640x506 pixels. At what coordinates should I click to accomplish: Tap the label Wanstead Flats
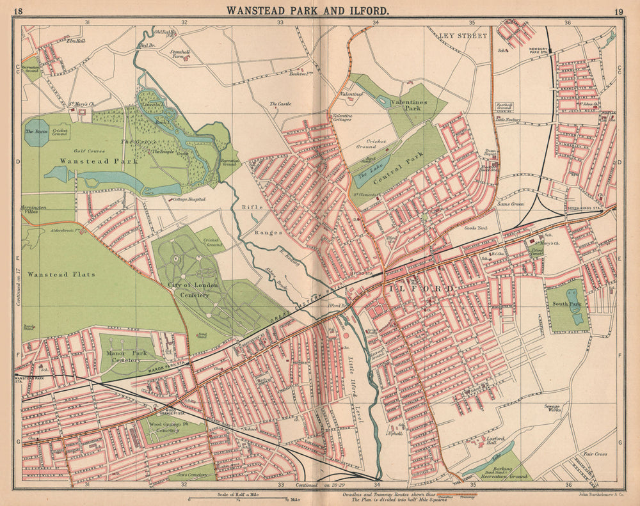coord(61,274)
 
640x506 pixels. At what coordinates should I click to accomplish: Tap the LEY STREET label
coord(463,36)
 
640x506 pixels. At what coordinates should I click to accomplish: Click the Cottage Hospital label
coord(189,200)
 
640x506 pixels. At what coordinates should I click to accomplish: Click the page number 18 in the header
coord(18,11)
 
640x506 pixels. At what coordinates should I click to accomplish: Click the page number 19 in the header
coord(618,11)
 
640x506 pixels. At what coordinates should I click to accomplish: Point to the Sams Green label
coord(510,203)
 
